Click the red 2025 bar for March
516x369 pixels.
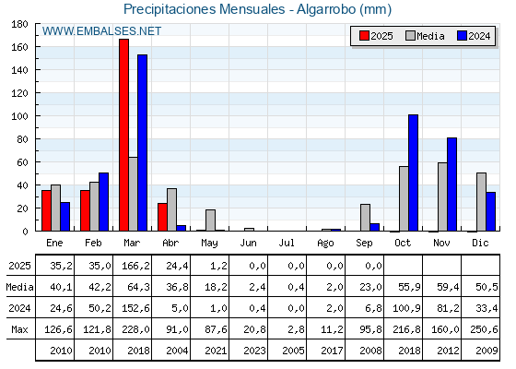pos(124,135)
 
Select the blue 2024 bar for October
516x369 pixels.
pos(414,173)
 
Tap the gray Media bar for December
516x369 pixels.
pos(481,202)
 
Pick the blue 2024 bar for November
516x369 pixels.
pos(451,184)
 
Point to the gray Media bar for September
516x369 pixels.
pos(365,218)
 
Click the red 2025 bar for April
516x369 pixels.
pos(162,217)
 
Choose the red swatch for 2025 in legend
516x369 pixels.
pos(364,36)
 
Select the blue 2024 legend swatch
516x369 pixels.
pos(462,36)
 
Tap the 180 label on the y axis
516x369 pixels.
pos(19,24)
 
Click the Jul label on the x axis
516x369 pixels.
pos(287,243)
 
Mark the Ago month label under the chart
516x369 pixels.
pos(325,244)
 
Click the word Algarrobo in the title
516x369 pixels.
pos(326,9)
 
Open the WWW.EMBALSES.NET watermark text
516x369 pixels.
pos(101,31)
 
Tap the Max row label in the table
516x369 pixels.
pos(19,329)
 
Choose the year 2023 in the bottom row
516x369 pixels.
pos(254,351)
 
